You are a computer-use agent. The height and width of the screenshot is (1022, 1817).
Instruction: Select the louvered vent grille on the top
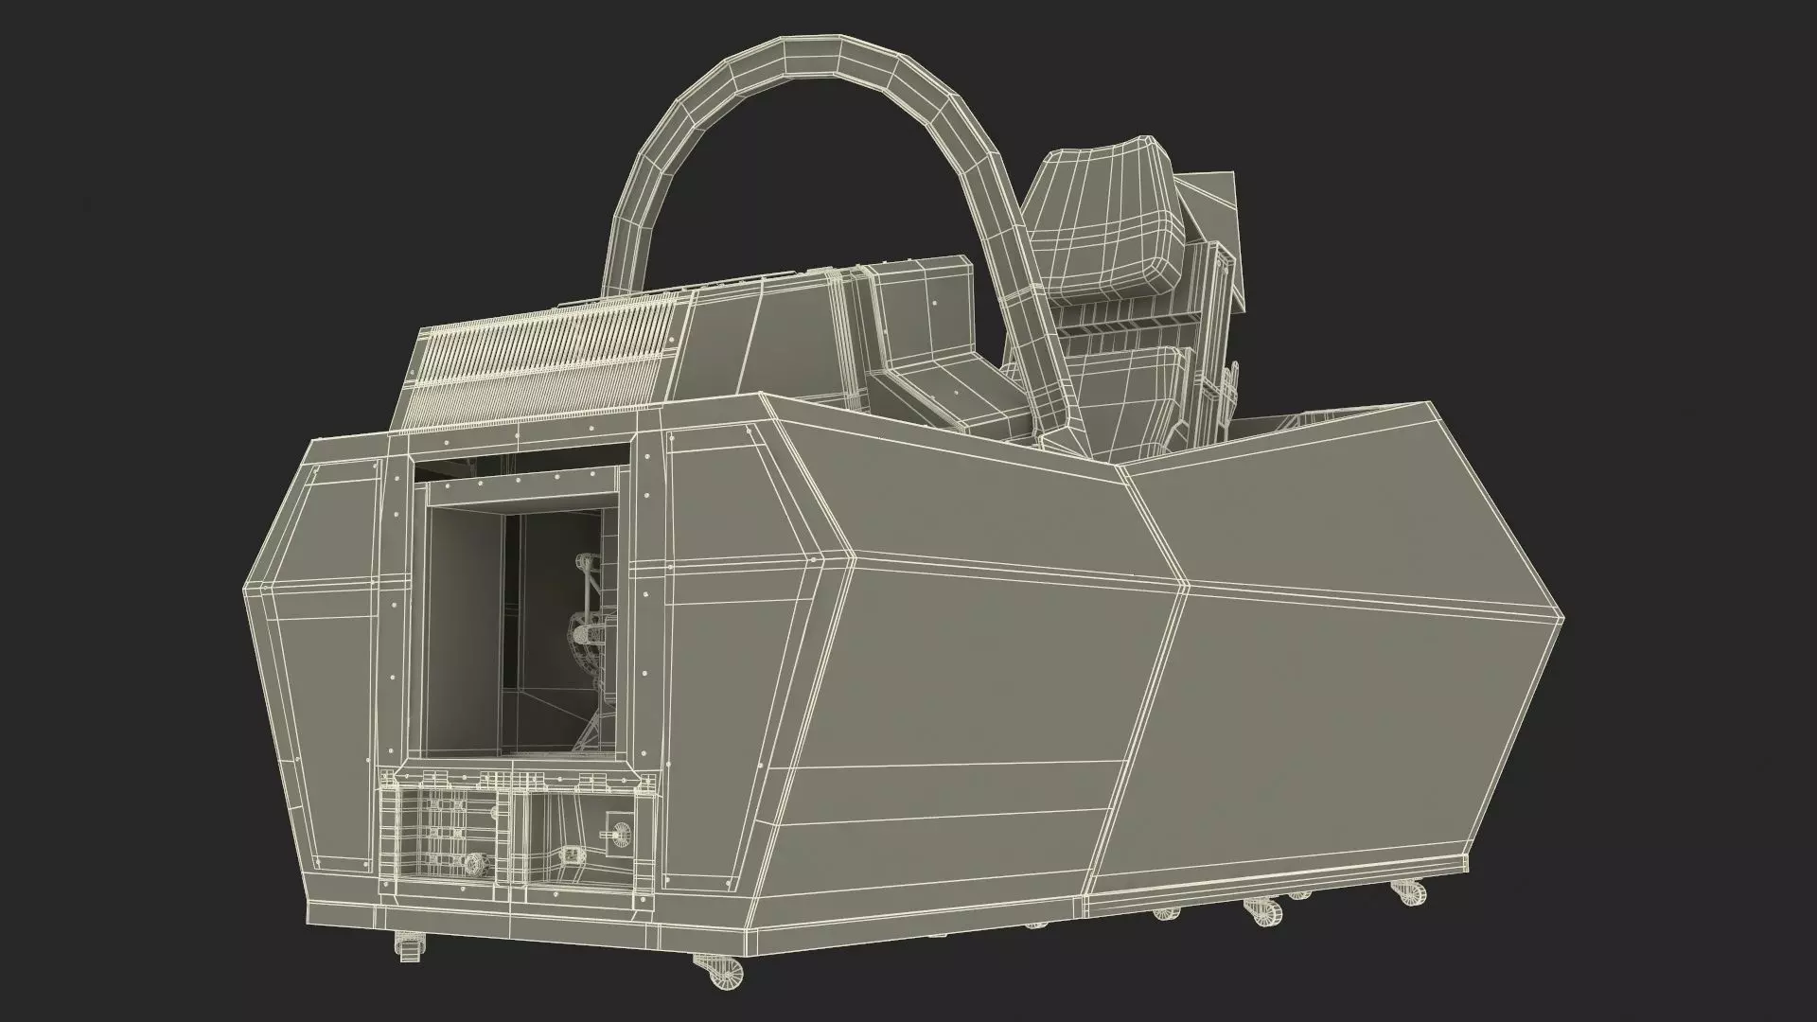click(549, 361)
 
